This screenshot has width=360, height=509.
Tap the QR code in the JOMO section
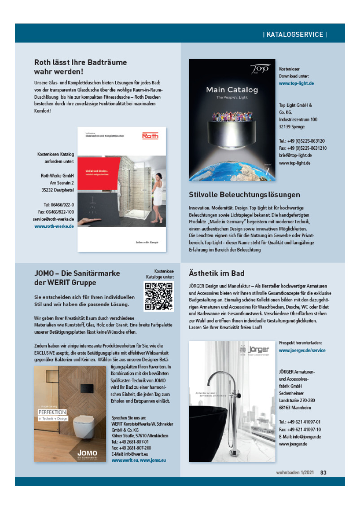(158, 296)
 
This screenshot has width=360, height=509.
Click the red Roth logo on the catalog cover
(150, 136)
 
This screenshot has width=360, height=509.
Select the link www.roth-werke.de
(54, 226)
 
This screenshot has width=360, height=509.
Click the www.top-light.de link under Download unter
(296, 83)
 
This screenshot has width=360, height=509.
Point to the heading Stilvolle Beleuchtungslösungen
(245, 195)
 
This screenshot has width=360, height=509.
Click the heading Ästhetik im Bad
(217, 273)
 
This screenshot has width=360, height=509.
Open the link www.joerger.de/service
(302, 350)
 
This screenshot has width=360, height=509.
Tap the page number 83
(323, 471)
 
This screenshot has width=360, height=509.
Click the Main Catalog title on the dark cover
(232, 90)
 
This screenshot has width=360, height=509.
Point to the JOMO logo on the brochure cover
(87, 453)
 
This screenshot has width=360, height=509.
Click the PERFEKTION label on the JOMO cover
(53, 412)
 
